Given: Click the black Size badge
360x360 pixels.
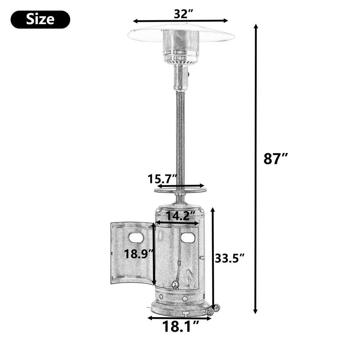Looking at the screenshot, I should click(40, 19).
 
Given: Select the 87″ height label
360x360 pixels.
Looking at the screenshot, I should click(276, 158).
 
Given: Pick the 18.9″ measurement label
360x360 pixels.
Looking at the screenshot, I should click(139, 254).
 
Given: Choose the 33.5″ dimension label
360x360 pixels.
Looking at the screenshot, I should click(230, 258).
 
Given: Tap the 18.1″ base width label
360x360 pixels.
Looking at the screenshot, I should click(181, 327).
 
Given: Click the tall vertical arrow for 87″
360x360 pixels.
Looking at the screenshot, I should click(256, 169).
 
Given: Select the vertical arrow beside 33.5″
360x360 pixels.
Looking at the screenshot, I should click(213, 257).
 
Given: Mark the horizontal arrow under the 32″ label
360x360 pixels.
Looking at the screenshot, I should click(181, 21).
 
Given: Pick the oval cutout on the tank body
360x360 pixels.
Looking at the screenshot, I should click(188, 238).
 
